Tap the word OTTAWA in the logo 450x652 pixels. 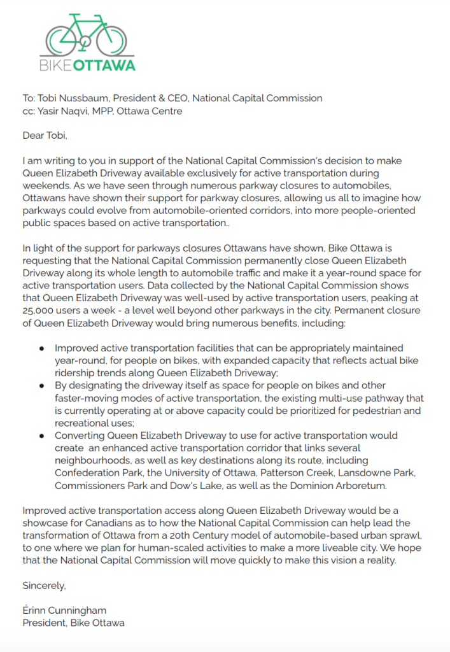(x=105, y=65)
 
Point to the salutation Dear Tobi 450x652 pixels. (x=45, y=136)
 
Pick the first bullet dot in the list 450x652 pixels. (x=42, y=349)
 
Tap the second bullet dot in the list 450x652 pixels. (x=42, y=386)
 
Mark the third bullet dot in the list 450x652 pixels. (x=42, y=436)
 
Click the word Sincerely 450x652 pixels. (x=44, y=585)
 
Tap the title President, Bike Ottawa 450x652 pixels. (x=73, y=623)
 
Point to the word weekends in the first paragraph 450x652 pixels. (x=46, y=185)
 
